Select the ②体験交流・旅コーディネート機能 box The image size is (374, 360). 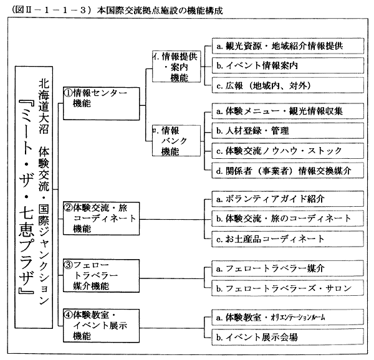pyautogui.click(x=100, y=218)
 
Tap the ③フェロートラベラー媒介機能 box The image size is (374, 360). pyautogui.click(x=100, y=275)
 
